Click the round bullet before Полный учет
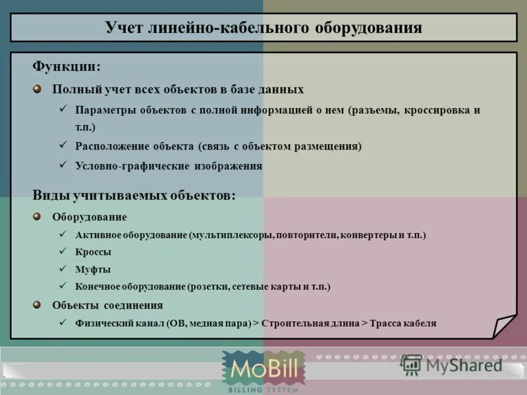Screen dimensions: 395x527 point(38,88)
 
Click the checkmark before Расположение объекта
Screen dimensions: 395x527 point(63,145)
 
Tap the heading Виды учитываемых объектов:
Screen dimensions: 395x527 point(134,195)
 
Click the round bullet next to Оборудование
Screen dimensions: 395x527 point(38,216)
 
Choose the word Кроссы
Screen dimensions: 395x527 point(94,252)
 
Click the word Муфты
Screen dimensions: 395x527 point(94,269)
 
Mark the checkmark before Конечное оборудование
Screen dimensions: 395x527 point(63,286)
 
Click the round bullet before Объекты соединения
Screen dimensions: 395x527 point(38,304)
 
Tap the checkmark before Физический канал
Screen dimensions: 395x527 point(63,322)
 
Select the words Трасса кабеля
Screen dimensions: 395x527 point(403,323)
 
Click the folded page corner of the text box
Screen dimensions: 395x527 point(505,327)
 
